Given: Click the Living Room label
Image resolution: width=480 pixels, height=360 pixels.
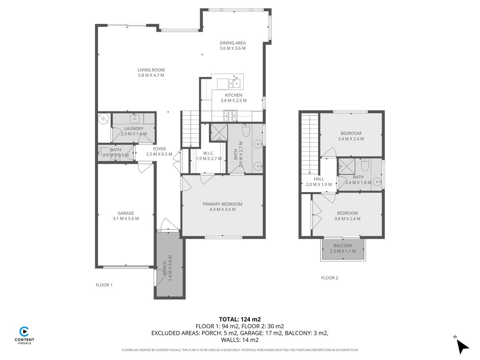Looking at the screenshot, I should tap(151, 70).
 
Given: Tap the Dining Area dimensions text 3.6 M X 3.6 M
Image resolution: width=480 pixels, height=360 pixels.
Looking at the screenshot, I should tap(232, 48).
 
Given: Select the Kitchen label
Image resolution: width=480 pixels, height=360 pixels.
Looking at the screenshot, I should tap(233, 95).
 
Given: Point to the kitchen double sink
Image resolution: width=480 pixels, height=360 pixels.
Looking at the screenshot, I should tap(234, 83).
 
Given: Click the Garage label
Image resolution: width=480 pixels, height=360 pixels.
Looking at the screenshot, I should tap(126, 213).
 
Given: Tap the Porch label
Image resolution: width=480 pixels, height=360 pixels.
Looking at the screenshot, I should tap(165, 268).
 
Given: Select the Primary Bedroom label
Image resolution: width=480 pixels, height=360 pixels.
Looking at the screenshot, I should tap(222, 204).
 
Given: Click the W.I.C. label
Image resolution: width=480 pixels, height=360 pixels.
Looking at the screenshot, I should tap(209, 153).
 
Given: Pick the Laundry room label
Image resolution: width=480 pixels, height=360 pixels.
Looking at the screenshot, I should tap(134, 129).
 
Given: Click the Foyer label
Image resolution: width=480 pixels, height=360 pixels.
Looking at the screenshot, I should tap(159, 149).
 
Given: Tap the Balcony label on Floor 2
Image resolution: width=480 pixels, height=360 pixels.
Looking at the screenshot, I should tap(343, 246).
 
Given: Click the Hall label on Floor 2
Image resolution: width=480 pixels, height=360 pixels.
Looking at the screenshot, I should tap(319, 179).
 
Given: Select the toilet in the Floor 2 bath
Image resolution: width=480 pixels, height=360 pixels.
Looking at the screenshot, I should tap(365, 165).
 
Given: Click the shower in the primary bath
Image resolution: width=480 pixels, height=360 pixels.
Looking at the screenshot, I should tap(219, 132).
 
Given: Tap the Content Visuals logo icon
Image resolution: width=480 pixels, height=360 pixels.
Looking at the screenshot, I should tap(24, 331).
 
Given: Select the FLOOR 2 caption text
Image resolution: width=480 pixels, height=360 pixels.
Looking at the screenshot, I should tap(329, 278).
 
